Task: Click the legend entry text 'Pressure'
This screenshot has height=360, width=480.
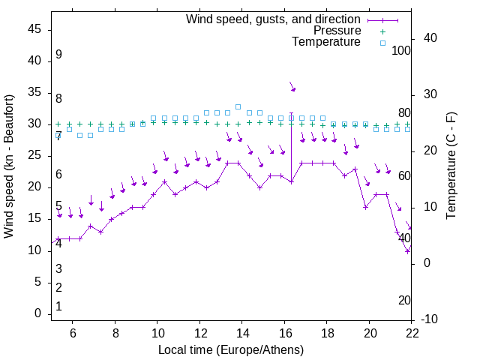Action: pyautogui.click(x=337, y=31)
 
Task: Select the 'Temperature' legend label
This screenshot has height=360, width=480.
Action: pyautogui.click(x=326, y=42)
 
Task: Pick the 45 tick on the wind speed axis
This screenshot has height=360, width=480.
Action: pyautogui.click(x=34, y=29)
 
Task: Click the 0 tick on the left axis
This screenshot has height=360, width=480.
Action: pyautogui.click(x=37, y=313)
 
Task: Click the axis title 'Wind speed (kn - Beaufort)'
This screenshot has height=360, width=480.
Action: pyautogui.click(x=9, y=166)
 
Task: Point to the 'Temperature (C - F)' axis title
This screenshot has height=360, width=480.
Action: pyautogui.click(x=451, y=166)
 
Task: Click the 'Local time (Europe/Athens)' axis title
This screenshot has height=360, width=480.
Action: pyautogui.click(x=231, y=349)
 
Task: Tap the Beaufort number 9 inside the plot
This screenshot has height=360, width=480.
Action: pyautogui.click(x=58, y=55)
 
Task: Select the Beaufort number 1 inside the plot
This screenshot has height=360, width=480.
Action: pyautogui.click(x=58, y=306)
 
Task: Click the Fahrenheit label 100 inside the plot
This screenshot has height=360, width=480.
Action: pyautogui.click(x=402, y=50)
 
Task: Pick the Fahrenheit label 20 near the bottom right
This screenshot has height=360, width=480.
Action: pyautogui.click(x=404, y=300)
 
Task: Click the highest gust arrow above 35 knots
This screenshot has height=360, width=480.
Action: pyautogui.click(x=292, y=88)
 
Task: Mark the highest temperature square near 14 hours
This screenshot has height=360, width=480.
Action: pyautogui.click(x=238, y=106)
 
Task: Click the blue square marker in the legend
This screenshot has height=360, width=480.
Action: pyautogui.click(x=382, y=43)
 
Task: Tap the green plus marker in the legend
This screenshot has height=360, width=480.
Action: pyautogui.click(x=382, y=31)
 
